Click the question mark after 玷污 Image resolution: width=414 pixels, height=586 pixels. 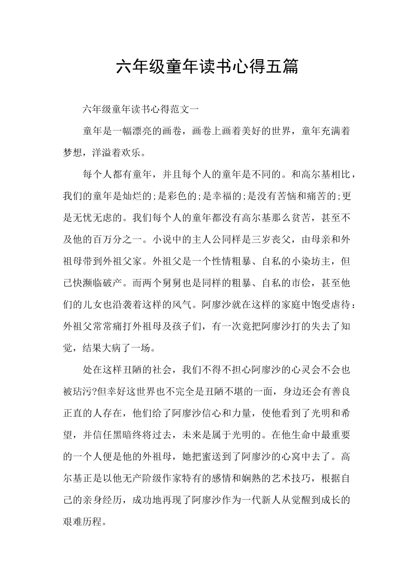coord(95,392)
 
